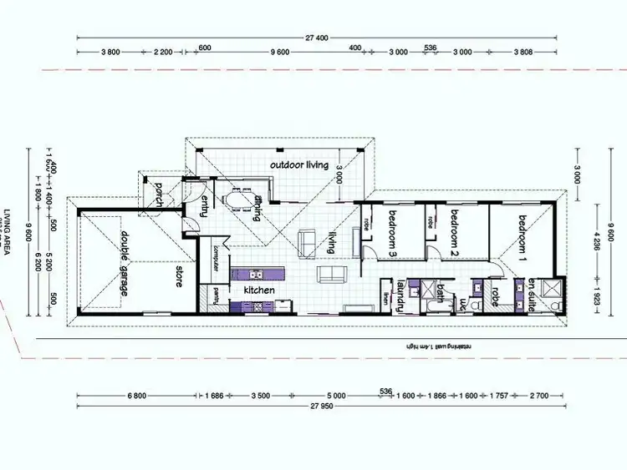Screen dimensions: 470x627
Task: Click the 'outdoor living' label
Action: (x=298, y=165)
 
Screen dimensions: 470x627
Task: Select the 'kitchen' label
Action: (x=259, y=290)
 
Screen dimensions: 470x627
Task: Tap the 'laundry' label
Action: (x=401, y=295)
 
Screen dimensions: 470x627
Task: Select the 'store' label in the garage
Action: (x=178, y=277)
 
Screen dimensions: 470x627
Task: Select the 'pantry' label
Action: (x=215, y=294)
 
